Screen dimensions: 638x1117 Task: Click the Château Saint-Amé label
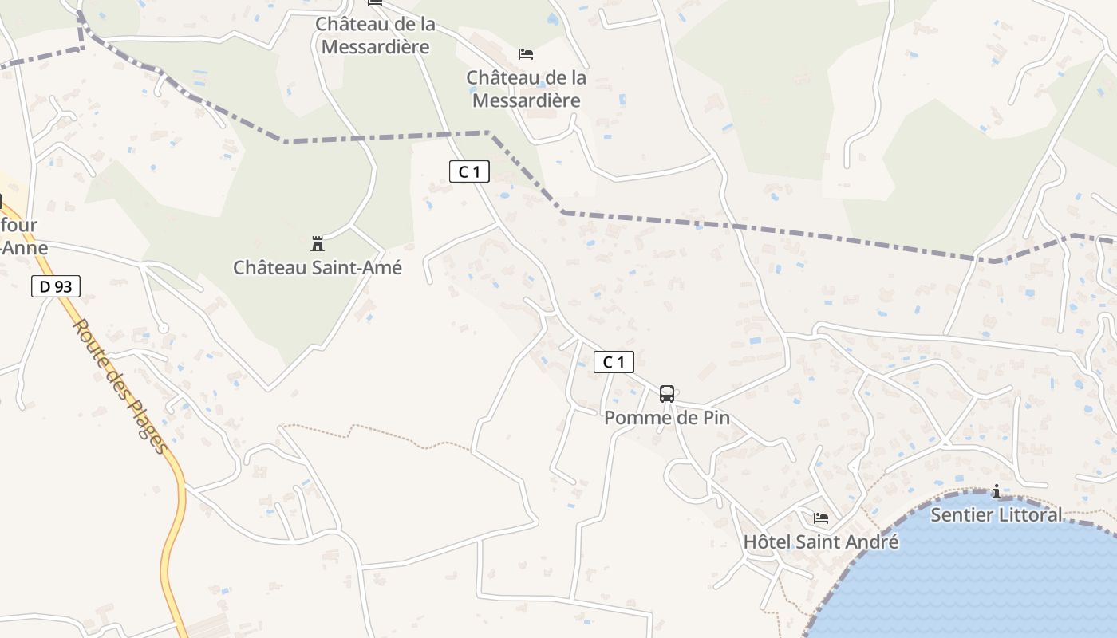tap(317, 267)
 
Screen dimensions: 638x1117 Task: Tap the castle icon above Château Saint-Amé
tap(317, 242)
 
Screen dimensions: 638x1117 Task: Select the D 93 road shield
tap(56, 286)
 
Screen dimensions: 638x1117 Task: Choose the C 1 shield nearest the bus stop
tap(614, 362)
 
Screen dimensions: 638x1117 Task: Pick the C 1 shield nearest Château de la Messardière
tap(468, 171)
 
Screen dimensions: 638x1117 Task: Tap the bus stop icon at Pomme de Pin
tap(666, 393)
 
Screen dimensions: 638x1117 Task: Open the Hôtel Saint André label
tap(820, 542)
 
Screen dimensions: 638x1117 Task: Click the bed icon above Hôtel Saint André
tap(820, 518)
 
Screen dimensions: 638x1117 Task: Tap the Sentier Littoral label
tap(996, 515)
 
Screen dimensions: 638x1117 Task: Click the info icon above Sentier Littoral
tap(996, 492)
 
